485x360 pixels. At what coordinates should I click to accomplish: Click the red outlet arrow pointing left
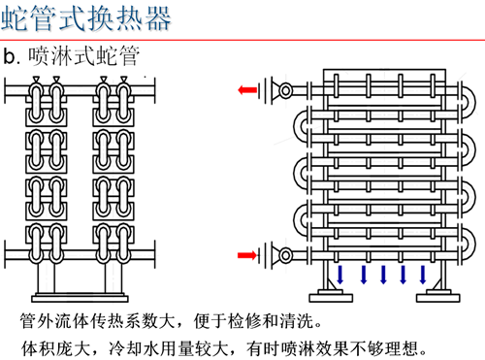tap(247, 89)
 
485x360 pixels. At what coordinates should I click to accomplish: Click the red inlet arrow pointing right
tap(247, 255)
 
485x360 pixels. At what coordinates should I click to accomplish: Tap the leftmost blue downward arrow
tap(339, 275)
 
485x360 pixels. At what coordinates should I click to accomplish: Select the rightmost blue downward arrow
tap(423, 275)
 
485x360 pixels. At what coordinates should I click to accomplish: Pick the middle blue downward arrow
tap(383, 275)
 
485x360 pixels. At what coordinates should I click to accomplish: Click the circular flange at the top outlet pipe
tap(285, 90)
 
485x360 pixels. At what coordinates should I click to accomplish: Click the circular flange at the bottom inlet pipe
tap(285, 255)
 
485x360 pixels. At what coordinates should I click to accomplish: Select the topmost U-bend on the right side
tap(469, 101)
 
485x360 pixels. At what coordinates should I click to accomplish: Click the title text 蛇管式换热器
tap(86, 18)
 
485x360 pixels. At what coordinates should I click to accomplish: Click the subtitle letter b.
tap(10, 56)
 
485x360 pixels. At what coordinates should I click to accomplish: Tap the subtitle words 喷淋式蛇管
tap(83, 56)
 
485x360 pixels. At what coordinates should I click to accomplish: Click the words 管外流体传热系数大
tap(97, 321)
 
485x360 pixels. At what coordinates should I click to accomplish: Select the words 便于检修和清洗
tap(254, 321)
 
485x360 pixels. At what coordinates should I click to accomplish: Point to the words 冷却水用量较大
tap(168, 348)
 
